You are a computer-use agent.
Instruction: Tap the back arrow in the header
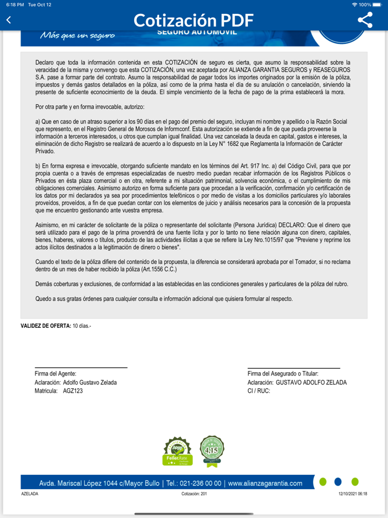[8, 20]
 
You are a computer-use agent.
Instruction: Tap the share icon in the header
[365, 20]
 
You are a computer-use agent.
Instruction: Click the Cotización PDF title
[193, 20]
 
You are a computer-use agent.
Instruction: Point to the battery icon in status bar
[379, 4]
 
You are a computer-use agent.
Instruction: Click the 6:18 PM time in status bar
[14, 4]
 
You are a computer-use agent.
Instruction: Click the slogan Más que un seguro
[77, 35]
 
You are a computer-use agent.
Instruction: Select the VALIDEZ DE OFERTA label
[45, 326]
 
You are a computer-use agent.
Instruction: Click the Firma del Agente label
[55, 374]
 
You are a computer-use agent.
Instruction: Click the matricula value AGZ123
[73, 391]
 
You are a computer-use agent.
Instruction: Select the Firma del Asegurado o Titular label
[290, 374]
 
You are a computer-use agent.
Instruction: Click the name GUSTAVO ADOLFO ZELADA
[311, 382]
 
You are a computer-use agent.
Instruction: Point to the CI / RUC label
[258, 391]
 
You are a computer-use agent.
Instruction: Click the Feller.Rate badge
[177, 451]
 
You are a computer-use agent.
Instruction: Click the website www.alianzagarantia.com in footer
[265, 483]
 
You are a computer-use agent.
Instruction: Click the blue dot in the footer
[338, 482]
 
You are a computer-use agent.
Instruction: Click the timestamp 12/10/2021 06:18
[353, 494]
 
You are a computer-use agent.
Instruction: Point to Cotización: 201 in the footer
[194, 494]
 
